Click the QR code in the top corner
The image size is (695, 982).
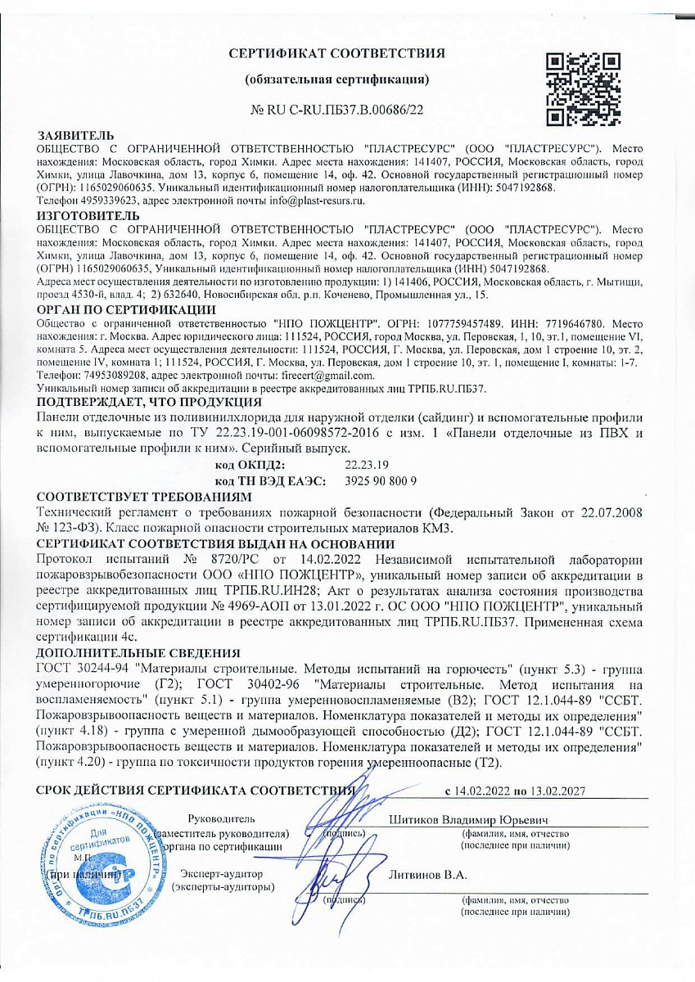pyautogui.click(x=583, y=89)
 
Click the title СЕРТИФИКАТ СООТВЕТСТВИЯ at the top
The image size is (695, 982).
pyautogui.click(x=336, y=54)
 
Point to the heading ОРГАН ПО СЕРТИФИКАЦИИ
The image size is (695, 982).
pyautogui.click(x=127, y=309)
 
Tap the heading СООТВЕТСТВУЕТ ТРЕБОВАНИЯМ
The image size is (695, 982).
pyautogui.click(x=141, y=496)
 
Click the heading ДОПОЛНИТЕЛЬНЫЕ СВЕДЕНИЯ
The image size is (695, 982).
pyautogui.click(x=138, y=652)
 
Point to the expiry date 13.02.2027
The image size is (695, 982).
pyautogui.click(x=557, y=791)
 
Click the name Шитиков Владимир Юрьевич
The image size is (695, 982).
pyautogui.click(x=468, y=819)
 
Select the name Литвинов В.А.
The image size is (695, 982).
pyautogui.click(x=428, y=874)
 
